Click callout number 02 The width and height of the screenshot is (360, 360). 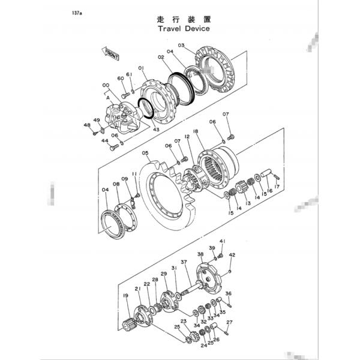pyautogui.click(x=161, y=57)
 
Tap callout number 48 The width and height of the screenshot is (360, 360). pyautogui.click(x=87, y=125)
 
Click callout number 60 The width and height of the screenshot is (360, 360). pyautogui.click(x=120, y=78)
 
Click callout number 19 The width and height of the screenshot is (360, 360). pyautogui.click(x=125, y=296)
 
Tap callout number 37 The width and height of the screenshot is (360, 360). pyautogui.click(x=184, y=262)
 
